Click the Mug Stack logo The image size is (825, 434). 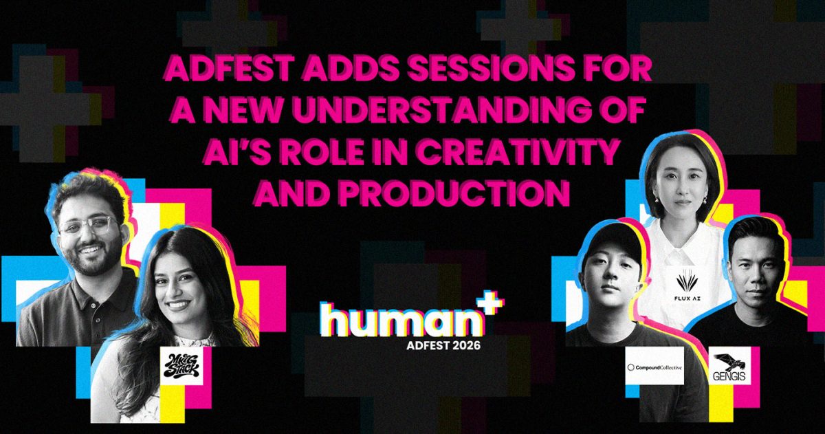tap(181, 366)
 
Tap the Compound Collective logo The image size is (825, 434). tap(654, 367)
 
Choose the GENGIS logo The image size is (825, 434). tap(729, 367)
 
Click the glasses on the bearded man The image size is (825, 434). tap(89, 226)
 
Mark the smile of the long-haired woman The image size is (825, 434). tap(179, 304)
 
